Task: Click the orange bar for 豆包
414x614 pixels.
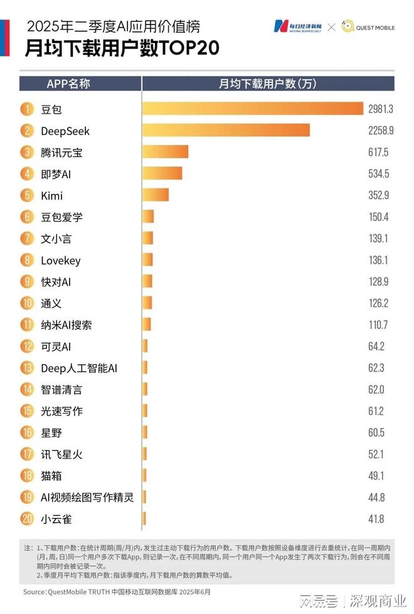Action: point(253,109)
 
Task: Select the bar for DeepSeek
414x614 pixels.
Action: point(226,131)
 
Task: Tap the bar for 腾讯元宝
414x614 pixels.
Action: point(166,152)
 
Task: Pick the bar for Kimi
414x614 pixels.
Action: point(156,195)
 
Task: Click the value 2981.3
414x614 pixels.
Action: point(380,109)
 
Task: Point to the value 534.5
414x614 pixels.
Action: point(379,174)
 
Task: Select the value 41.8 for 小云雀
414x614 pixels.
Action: point(376,519)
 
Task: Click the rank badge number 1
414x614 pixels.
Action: point(28,109)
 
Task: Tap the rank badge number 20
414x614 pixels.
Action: point(28,519)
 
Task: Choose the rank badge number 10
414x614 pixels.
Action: point(28,303)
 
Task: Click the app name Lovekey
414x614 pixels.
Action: point(60,260)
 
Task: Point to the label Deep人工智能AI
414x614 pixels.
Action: point(79,368)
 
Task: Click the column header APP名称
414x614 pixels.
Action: point(68,83)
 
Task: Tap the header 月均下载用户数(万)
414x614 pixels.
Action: point(268,83)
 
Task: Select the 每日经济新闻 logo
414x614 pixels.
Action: point(297,26)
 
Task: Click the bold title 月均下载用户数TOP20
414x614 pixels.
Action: point(122,50)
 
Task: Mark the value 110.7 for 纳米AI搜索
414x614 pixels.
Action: point(378,325)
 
